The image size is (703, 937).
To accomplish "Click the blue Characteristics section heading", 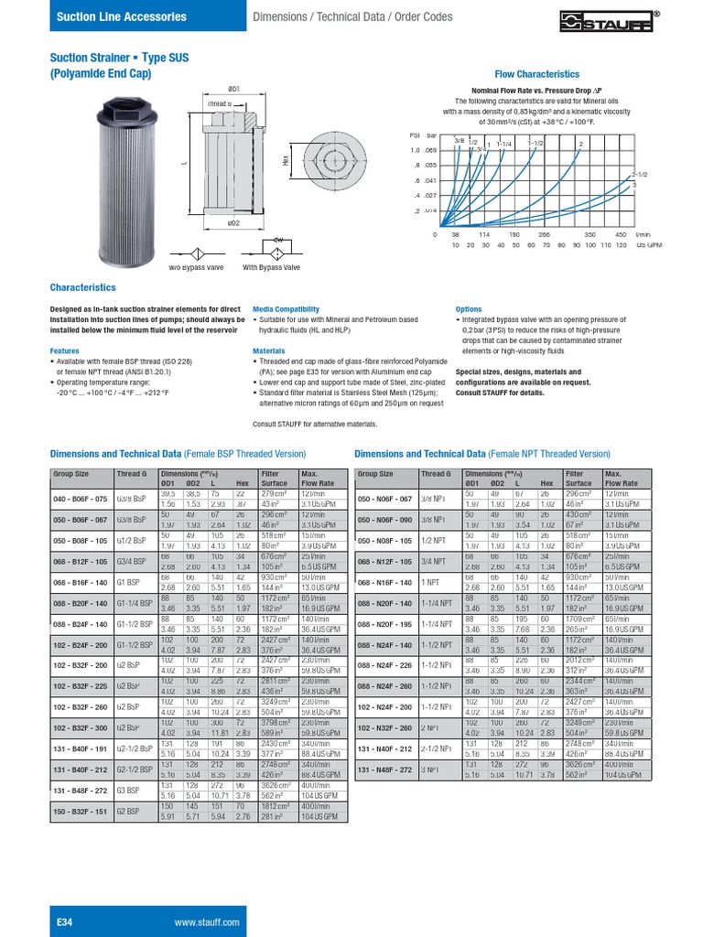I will pos(82,286).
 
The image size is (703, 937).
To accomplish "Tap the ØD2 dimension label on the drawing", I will pos(233,222).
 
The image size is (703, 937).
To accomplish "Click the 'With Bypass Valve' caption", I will pos(271,267).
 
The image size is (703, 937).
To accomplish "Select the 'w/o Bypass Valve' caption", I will pos(195,267).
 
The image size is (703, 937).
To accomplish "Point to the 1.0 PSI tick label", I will pos(414,149).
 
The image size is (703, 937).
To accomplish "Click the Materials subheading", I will pos(269,350).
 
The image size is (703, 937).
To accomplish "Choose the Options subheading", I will pos(468,309).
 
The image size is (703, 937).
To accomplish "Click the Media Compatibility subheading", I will pos(286,309).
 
